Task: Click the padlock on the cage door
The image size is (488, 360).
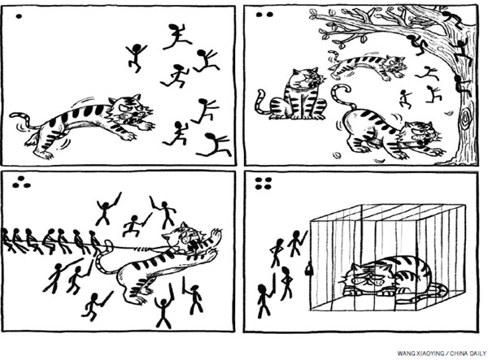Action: [308, 269]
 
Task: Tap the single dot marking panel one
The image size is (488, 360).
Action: [19, 16]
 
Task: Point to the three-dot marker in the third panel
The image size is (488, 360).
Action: [21, 183]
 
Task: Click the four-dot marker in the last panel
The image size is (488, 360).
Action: [264, 184]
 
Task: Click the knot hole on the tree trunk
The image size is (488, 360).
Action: [466, 119]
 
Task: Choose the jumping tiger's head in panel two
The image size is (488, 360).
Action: [394, 65]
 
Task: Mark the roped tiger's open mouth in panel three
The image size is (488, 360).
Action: [191, 245]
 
